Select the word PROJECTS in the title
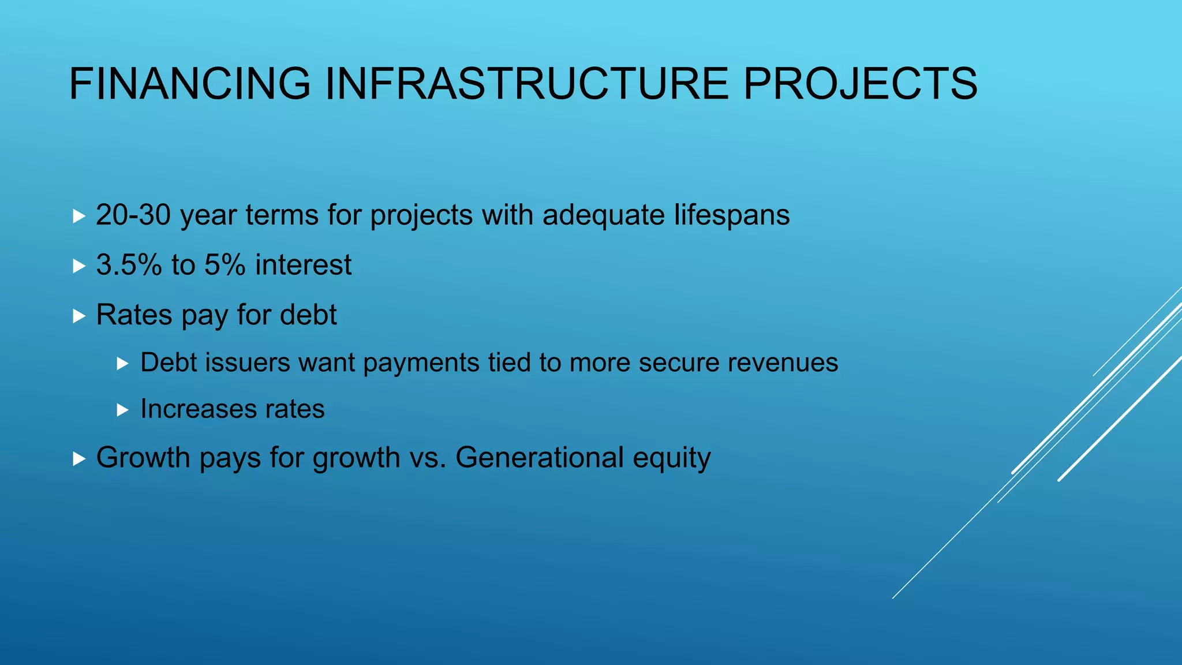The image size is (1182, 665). point(860,84)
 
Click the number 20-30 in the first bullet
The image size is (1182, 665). point(133,215)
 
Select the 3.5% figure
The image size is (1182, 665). point(129,265)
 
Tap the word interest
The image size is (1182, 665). point(303,265)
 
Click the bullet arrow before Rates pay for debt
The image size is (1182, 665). point(79,316)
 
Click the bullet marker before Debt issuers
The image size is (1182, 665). point(122,364)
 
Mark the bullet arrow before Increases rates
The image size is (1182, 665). point(122,410)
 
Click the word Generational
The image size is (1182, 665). point(540,458)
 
